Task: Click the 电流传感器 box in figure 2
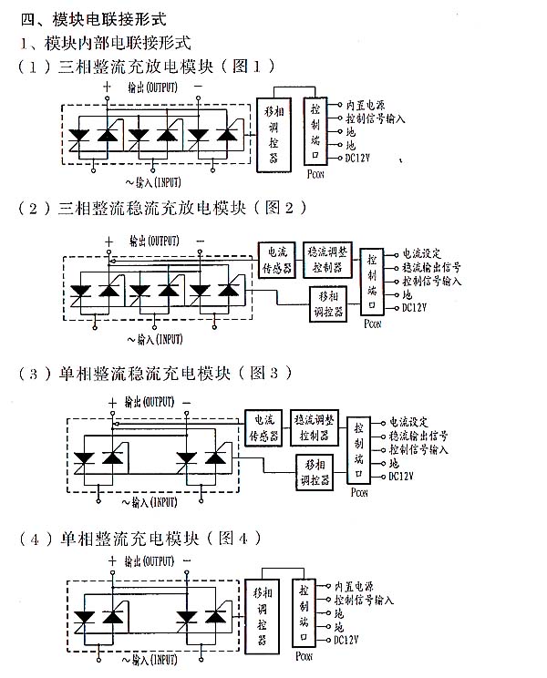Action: click(276, 258)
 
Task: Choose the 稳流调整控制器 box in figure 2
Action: click(326, 258)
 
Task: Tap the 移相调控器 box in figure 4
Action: click(263, 614)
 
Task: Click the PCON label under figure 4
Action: click(304, 657)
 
